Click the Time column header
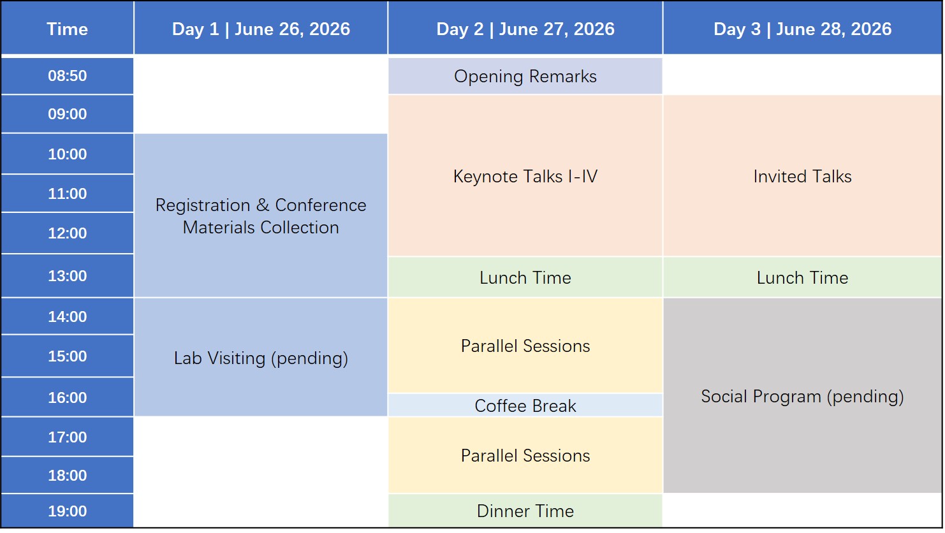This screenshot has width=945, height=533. pos(67,29)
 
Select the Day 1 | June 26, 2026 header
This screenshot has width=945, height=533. pos(261,29)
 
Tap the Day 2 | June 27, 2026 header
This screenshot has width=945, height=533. pos(525,29)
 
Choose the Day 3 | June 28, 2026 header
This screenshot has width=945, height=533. pos(802,29)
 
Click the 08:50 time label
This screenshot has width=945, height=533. pos(67,76)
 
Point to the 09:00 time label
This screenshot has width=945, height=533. pos(67,114)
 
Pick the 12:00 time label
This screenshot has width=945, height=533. pos(67,233)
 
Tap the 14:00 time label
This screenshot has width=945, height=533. pos(67,317)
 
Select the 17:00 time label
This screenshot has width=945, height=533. pos(67,437)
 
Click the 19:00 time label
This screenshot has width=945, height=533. pos(67,511)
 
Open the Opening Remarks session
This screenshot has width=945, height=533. pos(525,77)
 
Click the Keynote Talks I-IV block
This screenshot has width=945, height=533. pos(525,176)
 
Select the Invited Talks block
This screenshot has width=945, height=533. pos(802,176)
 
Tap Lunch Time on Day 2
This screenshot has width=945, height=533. pos(525,278)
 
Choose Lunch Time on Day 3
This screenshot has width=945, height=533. pos(802,278)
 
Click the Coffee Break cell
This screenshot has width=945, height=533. pos(525,405)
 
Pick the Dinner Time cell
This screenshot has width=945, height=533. pos(525,511)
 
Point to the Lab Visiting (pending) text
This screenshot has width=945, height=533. pos(261,358)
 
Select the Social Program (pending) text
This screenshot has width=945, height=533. pos(802,397)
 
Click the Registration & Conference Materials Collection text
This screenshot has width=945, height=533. pos(261,216)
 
